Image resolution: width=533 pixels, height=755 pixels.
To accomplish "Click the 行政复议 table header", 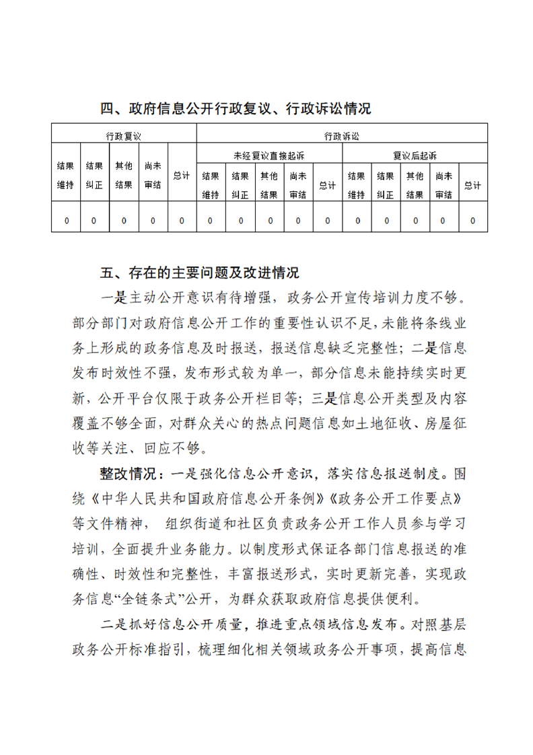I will (124, 136).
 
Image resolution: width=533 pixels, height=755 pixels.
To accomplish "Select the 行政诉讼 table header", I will (342, 136).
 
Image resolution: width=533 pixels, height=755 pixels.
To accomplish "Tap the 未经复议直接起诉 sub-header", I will (269, 155).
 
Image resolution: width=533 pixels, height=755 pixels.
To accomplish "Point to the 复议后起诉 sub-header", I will (415, 155).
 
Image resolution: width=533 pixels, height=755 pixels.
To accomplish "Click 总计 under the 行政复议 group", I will (182, 176).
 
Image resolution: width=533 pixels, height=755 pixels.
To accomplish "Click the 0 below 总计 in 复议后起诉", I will (473, 220).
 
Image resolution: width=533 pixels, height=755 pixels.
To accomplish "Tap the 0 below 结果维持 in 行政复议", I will (66, 220).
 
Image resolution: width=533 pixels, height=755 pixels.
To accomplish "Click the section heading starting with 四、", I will (236, 108).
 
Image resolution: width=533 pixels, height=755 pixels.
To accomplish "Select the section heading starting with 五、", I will (200, 273).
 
